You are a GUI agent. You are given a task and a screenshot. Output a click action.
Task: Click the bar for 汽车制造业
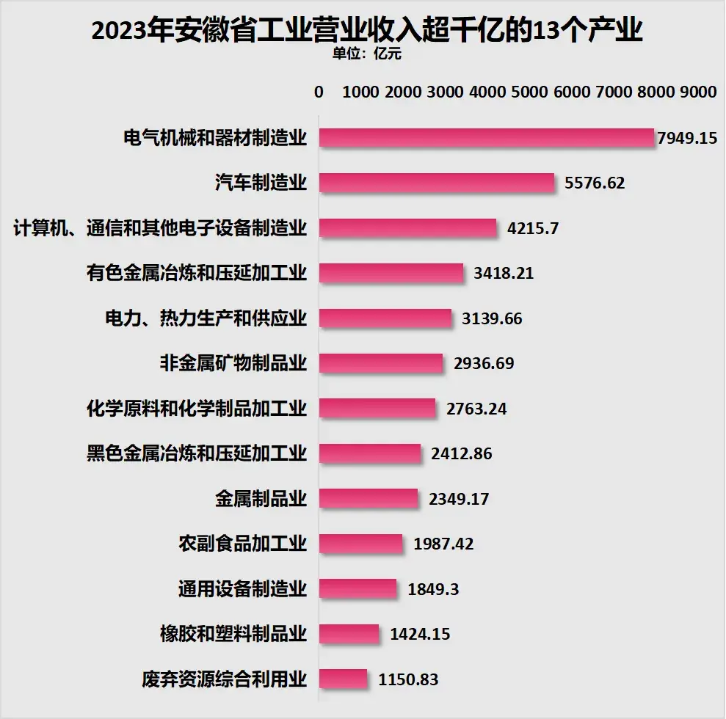[x=437, y=183]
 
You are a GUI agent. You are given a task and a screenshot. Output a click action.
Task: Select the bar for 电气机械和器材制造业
[x=486, y=138]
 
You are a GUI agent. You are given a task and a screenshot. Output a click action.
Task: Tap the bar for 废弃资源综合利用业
[x=344, y=679]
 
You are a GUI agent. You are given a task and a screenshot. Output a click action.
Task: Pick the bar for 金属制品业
[x=369, y=499]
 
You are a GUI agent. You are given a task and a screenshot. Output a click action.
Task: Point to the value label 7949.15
[x=687, y=138]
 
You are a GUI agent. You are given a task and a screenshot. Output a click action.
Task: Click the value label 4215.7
[x=533, y=228]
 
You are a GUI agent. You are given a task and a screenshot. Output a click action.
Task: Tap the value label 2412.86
[x=462, y=454]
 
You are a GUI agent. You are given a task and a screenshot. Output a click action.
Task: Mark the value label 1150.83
[x=408, y=679]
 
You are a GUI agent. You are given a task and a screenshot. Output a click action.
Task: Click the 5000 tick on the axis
[x=530, y=92]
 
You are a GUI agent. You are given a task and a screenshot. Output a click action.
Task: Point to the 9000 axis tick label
[x=697, y=92]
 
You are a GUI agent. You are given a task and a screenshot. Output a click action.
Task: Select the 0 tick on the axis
[x=319, y=92]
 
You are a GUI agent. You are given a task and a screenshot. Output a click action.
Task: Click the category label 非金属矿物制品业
[x=233, y=363]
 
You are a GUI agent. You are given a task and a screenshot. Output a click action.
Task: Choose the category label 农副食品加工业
[x=242, y=544]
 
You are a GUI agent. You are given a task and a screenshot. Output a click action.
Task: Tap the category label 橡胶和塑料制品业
[x=233, y=634]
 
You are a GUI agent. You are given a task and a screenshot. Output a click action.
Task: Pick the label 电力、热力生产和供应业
[x=206, y=318]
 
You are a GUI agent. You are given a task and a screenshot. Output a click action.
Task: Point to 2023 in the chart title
[x=122, y=31]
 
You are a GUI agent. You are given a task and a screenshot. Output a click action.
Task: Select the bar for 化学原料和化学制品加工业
[x=377, y=409]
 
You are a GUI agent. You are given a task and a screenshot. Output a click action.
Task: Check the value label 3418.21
[x=504, y=274]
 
